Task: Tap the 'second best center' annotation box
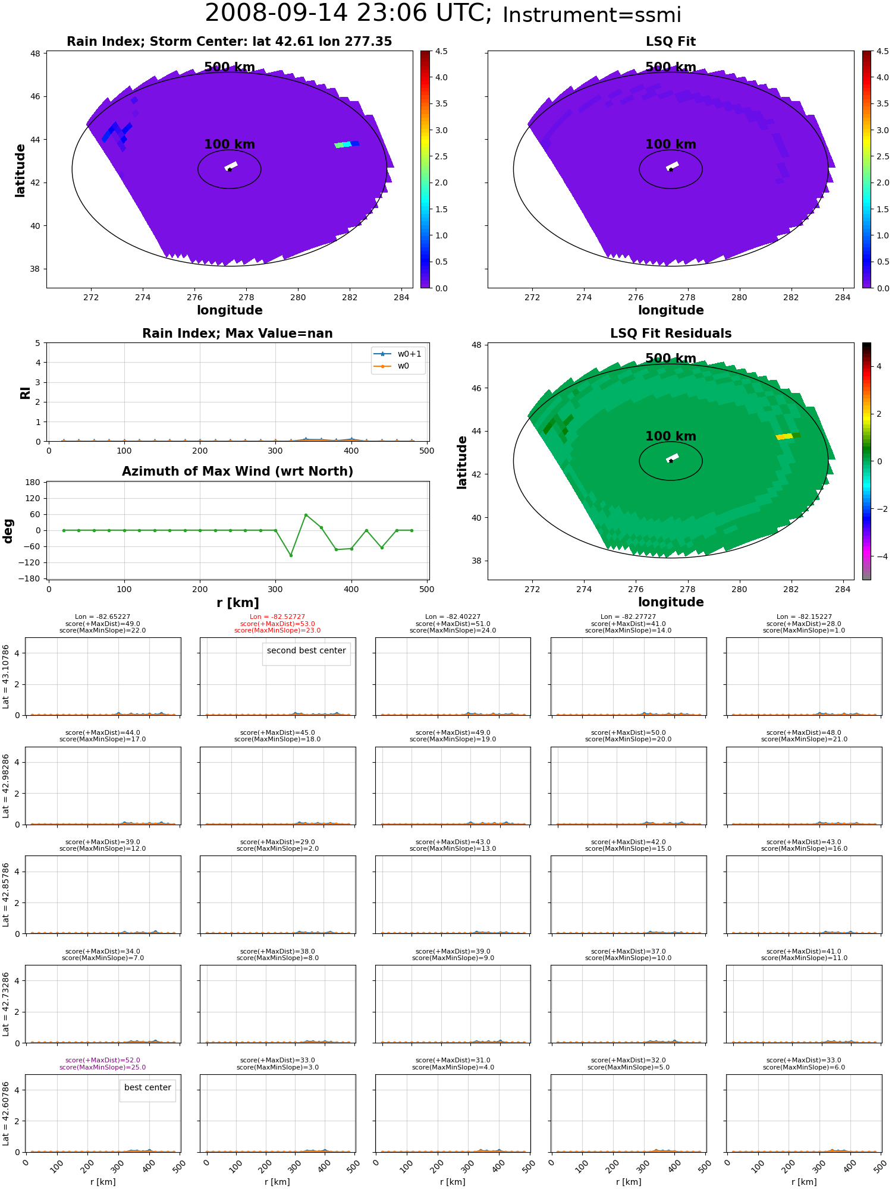tap(306, 651)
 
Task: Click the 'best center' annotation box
tap(147, 1087)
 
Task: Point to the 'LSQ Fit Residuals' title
tap(671, 334)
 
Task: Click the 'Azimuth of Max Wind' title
tap(237, 471)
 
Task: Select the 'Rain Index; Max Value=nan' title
tap(237, 334)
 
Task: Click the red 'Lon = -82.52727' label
tap(278, 617)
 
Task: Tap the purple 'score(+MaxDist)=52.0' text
tap(103, 1061)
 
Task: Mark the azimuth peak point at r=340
tap(306, 515)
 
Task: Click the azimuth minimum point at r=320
tap(291, 555)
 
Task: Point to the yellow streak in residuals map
tap(784, 437)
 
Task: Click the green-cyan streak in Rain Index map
tap(344, 144)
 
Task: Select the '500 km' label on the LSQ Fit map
tap(671, 67)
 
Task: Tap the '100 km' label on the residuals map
tap(671, 436)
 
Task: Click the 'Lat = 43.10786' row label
tap(7, 677)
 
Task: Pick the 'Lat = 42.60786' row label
tap(7, 1113)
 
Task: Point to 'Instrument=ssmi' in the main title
tap(592, 15)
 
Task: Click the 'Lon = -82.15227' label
tap(804, 617)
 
